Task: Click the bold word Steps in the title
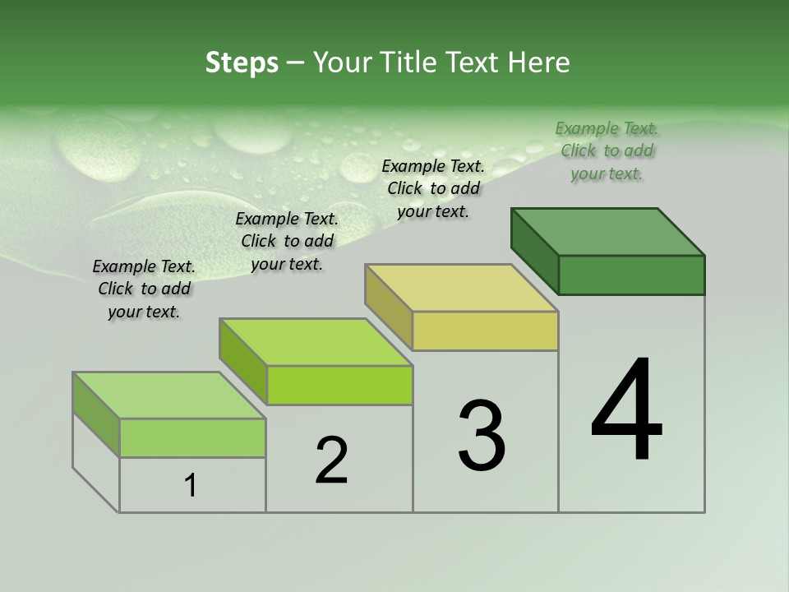[x=242, y=62]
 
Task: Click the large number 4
[x=627, y=411]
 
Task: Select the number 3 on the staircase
[x=482, y=436]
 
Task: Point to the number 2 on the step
[x=331, y=460]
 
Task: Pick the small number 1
[x=191, y=486]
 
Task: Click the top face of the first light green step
[x=169, y=395]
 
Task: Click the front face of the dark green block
[x=631, y=275]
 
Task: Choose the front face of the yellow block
[x=485, y=331]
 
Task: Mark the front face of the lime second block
[x=339, y=385]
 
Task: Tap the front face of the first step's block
[x=192, y=437]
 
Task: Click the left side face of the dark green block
[x=534, y=251]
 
